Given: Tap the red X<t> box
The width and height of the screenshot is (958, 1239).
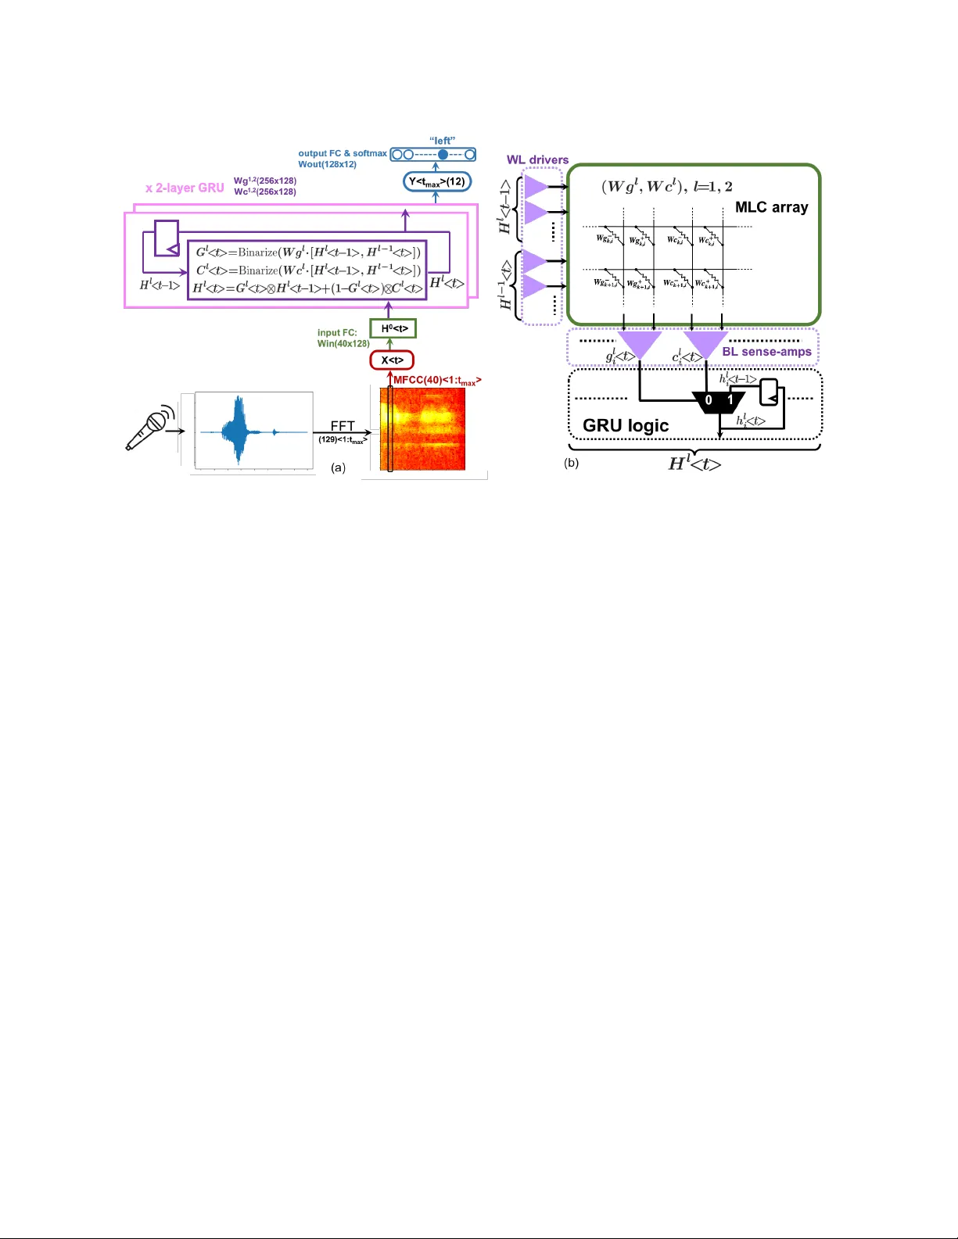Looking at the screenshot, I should pos(392,360).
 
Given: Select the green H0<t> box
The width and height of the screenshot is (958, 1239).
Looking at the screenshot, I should pos(393,329).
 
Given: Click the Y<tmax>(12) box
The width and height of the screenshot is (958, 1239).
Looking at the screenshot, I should pos(437,181).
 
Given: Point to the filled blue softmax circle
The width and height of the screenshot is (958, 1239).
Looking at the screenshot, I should pos(443,155).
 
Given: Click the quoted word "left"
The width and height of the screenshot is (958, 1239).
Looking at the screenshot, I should pos(442,141).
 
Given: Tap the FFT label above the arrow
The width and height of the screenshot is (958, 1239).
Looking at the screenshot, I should pos(343,426).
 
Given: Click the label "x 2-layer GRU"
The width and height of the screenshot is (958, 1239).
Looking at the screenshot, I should pos(185,188).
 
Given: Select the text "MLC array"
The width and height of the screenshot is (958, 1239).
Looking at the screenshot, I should pos(771,207).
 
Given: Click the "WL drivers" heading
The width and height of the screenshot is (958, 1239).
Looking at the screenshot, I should pos(537,159).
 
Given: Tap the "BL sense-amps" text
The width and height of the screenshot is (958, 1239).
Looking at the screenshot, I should pos(766,352).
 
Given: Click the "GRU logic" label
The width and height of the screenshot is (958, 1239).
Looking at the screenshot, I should pos(626,425).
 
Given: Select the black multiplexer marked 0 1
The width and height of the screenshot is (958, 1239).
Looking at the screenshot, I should pos(719,400).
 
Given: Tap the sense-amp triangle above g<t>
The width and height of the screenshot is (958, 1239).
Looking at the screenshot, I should pos(639,342).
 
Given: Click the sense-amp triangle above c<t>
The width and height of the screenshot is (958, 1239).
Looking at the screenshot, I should pos(705,342).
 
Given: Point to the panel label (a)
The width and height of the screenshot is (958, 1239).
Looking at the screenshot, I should pos(338,467).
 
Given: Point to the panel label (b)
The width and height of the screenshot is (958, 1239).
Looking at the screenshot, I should pos(572,463).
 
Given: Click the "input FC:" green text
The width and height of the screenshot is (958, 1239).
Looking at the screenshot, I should pos(337,333).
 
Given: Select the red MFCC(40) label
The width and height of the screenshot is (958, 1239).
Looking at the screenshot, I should pos(436,381).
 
